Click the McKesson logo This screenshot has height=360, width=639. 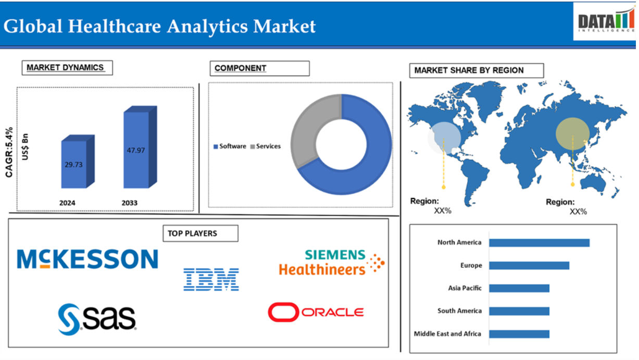[x=87, y=259]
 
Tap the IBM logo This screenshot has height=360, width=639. [x=211, y=279]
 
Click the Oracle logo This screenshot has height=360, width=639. [x=316, y=312]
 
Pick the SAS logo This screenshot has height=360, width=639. [x=97, y=319]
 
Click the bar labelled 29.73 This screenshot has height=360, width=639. [x=78, y=162]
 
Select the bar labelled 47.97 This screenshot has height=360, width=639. [x=140, y=147]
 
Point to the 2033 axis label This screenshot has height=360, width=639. [x=130, y=203]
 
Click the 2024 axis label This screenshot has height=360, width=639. [x=67, y=203]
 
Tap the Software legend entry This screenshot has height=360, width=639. [x=230, y=146]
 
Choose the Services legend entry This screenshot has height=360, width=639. [x=265, y=146]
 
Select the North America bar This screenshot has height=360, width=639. [x=539, y=243]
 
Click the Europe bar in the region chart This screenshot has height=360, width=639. [x=529, y=266]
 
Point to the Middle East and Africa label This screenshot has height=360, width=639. [x=447, y=334]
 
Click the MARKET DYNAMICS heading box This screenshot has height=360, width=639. [x=67, y=68]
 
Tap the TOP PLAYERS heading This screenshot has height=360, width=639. [x=201, y=233]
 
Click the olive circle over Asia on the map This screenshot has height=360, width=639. [x=572, y=133]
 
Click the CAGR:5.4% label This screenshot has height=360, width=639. [x=9, y=152]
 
